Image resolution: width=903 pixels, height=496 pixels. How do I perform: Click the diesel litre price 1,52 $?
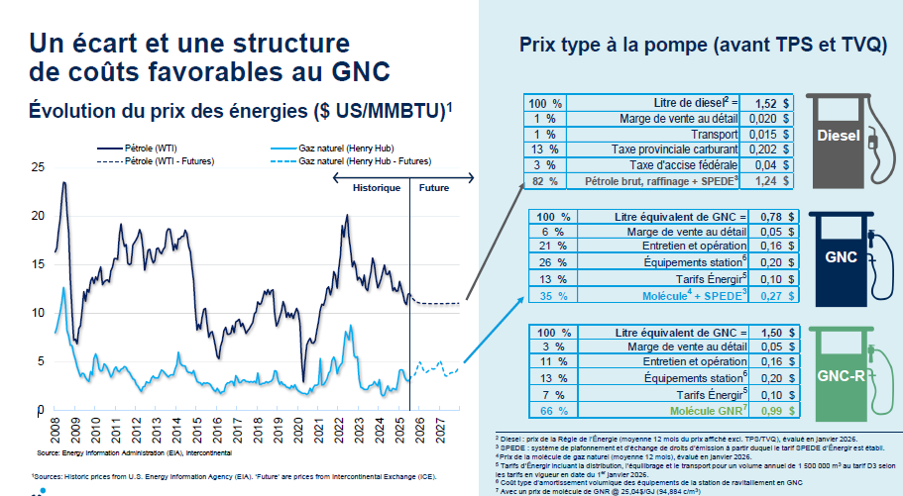point(771,103)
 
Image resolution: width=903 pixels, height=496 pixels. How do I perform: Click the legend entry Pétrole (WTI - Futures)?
point(169,160)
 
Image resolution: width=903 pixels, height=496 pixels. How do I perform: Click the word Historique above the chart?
point(377,187)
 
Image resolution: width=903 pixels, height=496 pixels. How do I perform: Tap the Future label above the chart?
point(433,187)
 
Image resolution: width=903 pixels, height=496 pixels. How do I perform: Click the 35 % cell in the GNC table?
point(552,295)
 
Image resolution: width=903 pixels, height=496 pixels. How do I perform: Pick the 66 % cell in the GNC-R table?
point(552,410)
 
